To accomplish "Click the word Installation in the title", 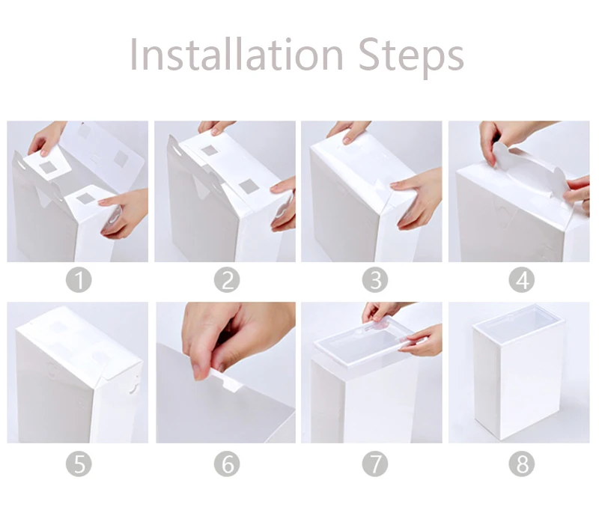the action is click(x=237, y=54).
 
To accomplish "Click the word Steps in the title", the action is click(x=411, y=58).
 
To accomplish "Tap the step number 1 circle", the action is click(x=79, y=280).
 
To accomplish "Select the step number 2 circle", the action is click(x=227, y=280).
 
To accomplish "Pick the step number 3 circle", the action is click(x=375, y=280).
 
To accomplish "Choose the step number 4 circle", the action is click(x=522, y=280).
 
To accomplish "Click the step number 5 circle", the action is click(x=79, y=464).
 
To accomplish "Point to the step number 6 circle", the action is click(x=227, y=464).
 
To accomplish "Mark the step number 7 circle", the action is click(x=375, y=464).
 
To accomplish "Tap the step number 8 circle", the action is click(x=522, y=464).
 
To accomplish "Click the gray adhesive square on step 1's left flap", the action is click(x=48, y=167).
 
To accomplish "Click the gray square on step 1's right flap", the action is click(x=85, y=198).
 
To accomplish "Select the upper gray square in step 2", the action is click(x=210, y=150).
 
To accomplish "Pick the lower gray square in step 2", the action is click(x=247, y=186).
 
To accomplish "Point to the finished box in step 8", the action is click(x=519, y=371).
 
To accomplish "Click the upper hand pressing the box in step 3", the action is click(x=350, y=131).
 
